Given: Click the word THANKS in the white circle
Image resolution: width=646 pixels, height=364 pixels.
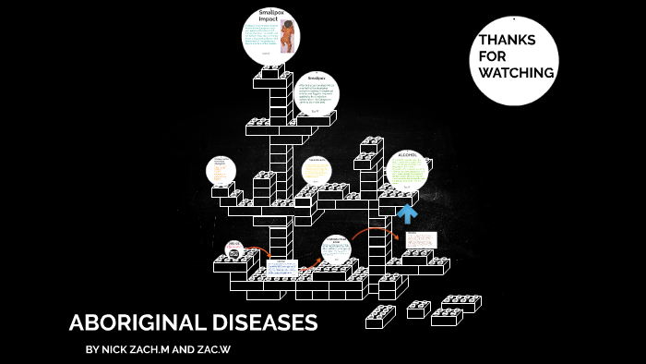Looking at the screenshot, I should [507, 40].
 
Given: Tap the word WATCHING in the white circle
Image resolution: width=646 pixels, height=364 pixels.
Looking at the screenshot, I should [517, 73].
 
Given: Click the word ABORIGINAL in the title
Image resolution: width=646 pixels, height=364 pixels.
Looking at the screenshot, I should [135, 323].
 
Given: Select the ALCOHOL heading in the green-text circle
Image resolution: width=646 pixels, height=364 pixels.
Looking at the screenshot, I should [408, 154].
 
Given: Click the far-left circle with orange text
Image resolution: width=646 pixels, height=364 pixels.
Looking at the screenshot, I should [221, 171].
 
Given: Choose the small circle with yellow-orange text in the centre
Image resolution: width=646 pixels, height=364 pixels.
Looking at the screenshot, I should [317, 170].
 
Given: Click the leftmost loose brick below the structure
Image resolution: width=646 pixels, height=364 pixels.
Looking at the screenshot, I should [380, 316].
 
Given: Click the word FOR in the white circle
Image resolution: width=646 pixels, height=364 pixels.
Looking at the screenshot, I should [492, 56].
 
